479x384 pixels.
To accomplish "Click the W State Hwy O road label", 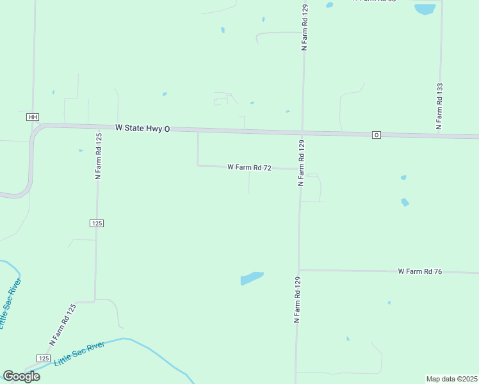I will (143, 128).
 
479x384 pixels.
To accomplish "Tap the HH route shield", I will (33, 117).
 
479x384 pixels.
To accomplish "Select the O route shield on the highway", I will (377, 134).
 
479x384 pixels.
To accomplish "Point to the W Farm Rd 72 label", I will (250, 167).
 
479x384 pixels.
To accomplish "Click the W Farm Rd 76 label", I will (420, 271).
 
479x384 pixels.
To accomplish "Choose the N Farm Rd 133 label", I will (439, 106).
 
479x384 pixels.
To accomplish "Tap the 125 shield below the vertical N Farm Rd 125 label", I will (97, 223).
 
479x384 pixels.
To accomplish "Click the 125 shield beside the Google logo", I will (44, 358).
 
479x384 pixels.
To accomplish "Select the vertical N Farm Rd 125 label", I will (99, 156).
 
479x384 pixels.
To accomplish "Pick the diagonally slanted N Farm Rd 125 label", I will (63, 324).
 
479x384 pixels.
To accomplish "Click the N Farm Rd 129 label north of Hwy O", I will (305, 27).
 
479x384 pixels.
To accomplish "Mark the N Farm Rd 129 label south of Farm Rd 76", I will (297, 299).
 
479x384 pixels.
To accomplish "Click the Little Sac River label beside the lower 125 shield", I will (79, 352).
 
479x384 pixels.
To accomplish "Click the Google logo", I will (21, 376).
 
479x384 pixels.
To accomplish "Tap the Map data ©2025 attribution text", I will (452, 379).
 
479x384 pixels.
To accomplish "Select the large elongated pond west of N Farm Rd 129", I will (252, 278).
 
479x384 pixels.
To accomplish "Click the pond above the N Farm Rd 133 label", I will (425, 9).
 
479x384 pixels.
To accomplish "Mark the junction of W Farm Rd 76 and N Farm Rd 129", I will (298, 270).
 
